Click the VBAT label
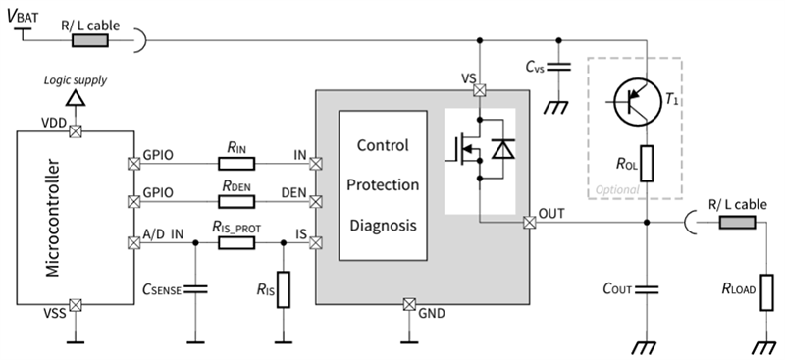pyautogui.click(x=28, y=17)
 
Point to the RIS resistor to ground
pyautogui.click(x=283, y=290)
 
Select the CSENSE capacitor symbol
pyautogui.click(x=194, y=288)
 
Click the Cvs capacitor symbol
pyautogui.click(x=557, y=68)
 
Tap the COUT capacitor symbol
pyautogui.click(x=646, y=289)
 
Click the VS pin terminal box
pyautogui.click(x=480, y=91)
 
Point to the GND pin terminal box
pyautogui.click(x=409, y=305)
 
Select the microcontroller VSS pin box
pyautogui.click(x=75, y=305)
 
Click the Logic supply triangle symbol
pyautogui.click(x=75, y=100)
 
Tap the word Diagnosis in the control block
pyautogui.click(x=383, y=225)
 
